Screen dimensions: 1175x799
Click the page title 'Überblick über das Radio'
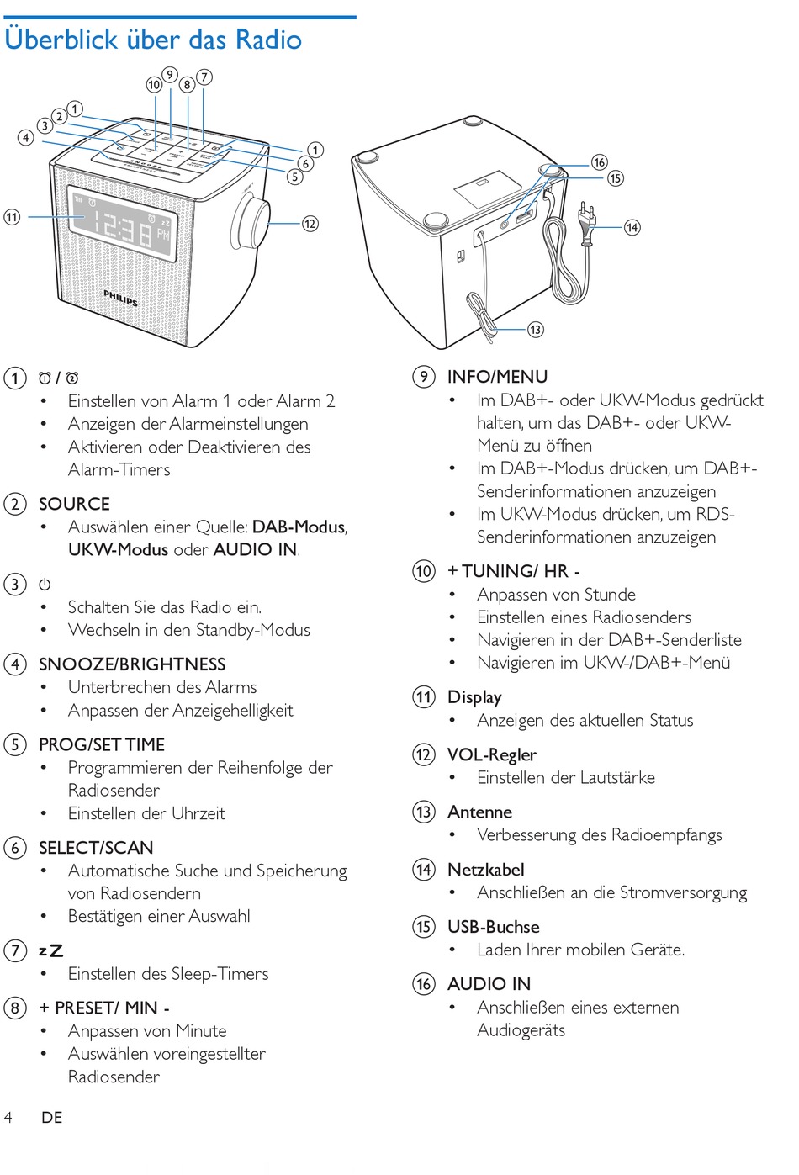click(153, 40)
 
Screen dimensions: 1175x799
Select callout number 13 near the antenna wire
click(535, 329)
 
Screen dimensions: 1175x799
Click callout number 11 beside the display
click(12, 217)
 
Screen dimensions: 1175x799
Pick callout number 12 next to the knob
click(310, 223)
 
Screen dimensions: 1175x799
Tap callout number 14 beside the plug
click(632, 227)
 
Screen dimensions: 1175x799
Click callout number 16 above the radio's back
click(599, 162)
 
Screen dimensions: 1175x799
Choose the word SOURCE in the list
click(74, 504)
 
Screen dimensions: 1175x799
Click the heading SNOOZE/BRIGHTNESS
click(132, 664)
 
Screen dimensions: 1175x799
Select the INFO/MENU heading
click(497, 377)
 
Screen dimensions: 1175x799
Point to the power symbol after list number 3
click(45, 584)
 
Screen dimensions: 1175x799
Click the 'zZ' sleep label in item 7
click(50, 950)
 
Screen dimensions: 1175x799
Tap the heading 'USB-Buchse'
click(493, 927)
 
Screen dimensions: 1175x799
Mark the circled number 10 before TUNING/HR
click(424, 571)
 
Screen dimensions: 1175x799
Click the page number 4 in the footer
click(8, 1117)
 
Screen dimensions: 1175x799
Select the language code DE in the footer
click(52, 1117)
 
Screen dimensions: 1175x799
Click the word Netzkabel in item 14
click(485, 870)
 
